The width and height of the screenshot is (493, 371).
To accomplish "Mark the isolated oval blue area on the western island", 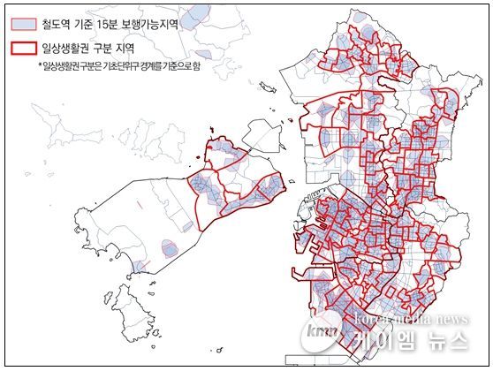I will [x=168, y=247].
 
